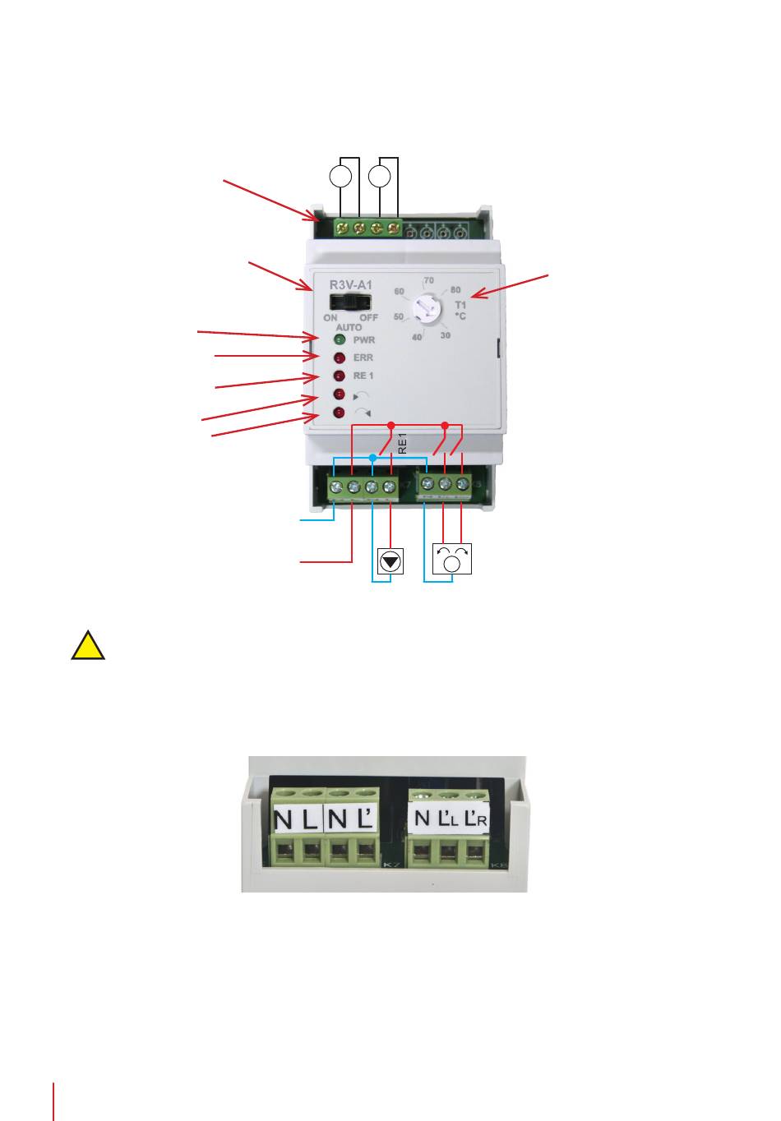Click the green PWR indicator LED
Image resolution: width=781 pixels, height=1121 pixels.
[339, 339]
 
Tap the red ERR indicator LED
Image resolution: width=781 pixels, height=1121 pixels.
[339, 358]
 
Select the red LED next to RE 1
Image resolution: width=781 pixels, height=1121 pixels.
[339, 376]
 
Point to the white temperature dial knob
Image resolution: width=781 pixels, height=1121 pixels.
[427, 311]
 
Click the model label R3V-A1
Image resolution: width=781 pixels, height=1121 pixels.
[351, 284]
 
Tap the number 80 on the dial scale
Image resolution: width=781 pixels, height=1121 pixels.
[455, 290]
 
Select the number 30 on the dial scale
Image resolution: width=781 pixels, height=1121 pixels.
[445, 335]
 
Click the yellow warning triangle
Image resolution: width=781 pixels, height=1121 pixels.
[87, 645]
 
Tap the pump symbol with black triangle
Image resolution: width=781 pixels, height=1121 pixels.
[390, 561]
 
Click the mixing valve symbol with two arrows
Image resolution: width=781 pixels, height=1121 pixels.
[451, 560]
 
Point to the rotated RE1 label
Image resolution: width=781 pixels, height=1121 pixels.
[402, 445]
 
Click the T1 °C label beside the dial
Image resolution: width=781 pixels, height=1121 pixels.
[460, 310]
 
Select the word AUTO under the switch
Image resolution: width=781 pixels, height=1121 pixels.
[349, 327]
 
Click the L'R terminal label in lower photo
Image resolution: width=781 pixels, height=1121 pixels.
[476, 819]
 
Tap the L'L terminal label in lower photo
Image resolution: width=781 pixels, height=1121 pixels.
[448, 819]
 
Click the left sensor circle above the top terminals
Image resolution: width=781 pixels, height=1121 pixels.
[340, 176]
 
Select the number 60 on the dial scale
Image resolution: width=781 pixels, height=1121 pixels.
[400, 292]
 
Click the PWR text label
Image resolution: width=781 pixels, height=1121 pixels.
[364, 339]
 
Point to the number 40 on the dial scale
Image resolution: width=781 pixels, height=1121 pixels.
[417, 337]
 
